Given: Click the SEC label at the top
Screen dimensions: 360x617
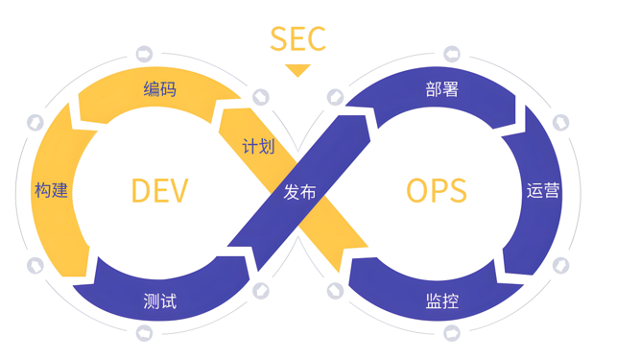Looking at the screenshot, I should click(297, 38).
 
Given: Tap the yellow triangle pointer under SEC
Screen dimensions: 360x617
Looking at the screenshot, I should click(297, 70).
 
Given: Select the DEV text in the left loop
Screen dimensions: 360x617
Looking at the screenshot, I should click(159, 191).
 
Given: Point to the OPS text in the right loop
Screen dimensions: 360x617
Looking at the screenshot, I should click(437, 191).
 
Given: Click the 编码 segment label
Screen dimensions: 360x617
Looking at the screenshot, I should click(159, 90).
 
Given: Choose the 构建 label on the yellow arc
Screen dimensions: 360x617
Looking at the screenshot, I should click(51, 189).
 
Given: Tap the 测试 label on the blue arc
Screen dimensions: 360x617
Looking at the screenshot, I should click(159, 300).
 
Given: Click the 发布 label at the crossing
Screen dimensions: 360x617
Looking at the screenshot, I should click(299, 191).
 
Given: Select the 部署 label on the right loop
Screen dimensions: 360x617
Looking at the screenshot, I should click(441, 90).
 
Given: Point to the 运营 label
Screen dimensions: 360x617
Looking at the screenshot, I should click(543, 190).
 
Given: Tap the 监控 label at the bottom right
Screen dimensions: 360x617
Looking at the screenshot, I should click(441, 300).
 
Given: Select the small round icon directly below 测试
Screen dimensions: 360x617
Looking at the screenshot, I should click(145, 332).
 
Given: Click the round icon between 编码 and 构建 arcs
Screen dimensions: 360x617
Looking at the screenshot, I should click(36, 123).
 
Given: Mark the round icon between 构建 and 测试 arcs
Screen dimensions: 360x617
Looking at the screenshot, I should click(36, 263).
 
